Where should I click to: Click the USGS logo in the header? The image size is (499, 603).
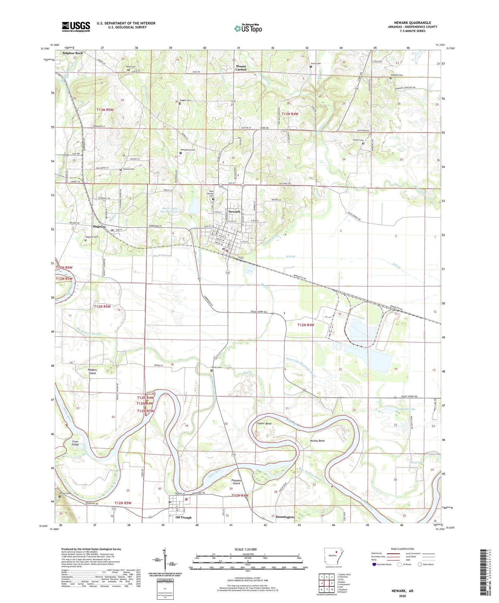point(76,27)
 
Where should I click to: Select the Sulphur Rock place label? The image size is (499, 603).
point(72,53)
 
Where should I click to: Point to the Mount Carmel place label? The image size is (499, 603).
point(241,68)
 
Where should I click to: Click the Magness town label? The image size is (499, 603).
point(99,226)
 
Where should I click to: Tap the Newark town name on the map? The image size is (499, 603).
point(234,212)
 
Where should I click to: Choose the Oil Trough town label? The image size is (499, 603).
point(183,517)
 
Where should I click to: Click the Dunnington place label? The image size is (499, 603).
point(285,517)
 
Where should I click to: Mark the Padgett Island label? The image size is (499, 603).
point(92,371)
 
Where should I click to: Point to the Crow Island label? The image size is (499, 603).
point(75,443)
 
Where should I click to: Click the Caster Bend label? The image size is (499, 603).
point(264,424)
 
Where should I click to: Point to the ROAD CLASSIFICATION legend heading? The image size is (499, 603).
point(402,549)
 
